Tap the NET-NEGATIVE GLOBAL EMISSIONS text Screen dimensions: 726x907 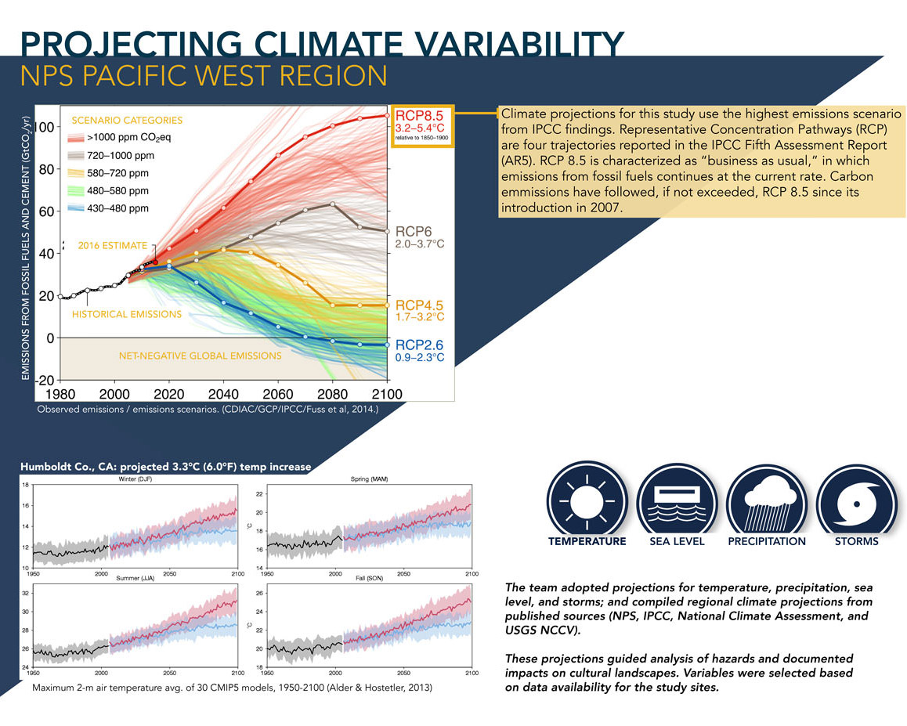(x=200, y=356)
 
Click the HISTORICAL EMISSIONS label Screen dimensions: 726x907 (x=126, y=314)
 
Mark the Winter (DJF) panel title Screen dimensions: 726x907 (x=136, y=479)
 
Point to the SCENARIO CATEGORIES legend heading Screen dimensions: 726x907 (x=127, y=121)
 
